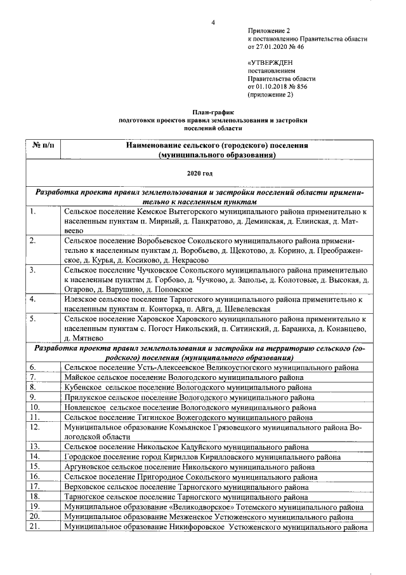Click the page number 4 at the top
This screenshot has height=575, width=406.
coord(213,24)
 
